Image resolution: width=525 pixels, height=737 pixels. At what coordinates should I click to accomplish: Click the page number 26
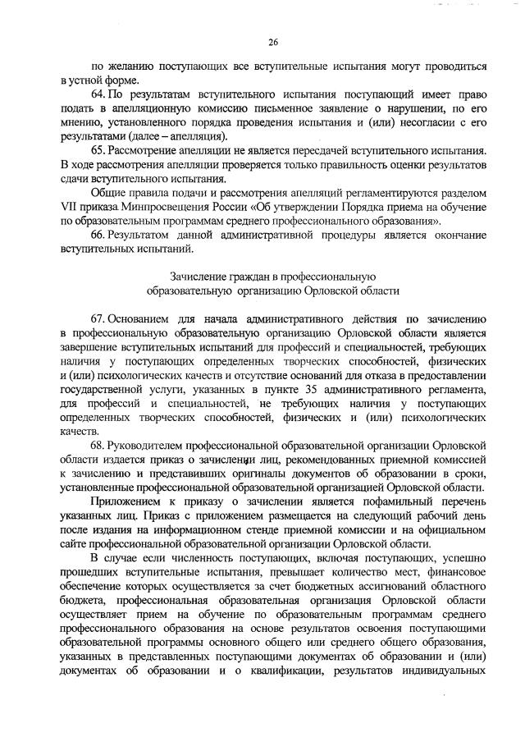(273, 43)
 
